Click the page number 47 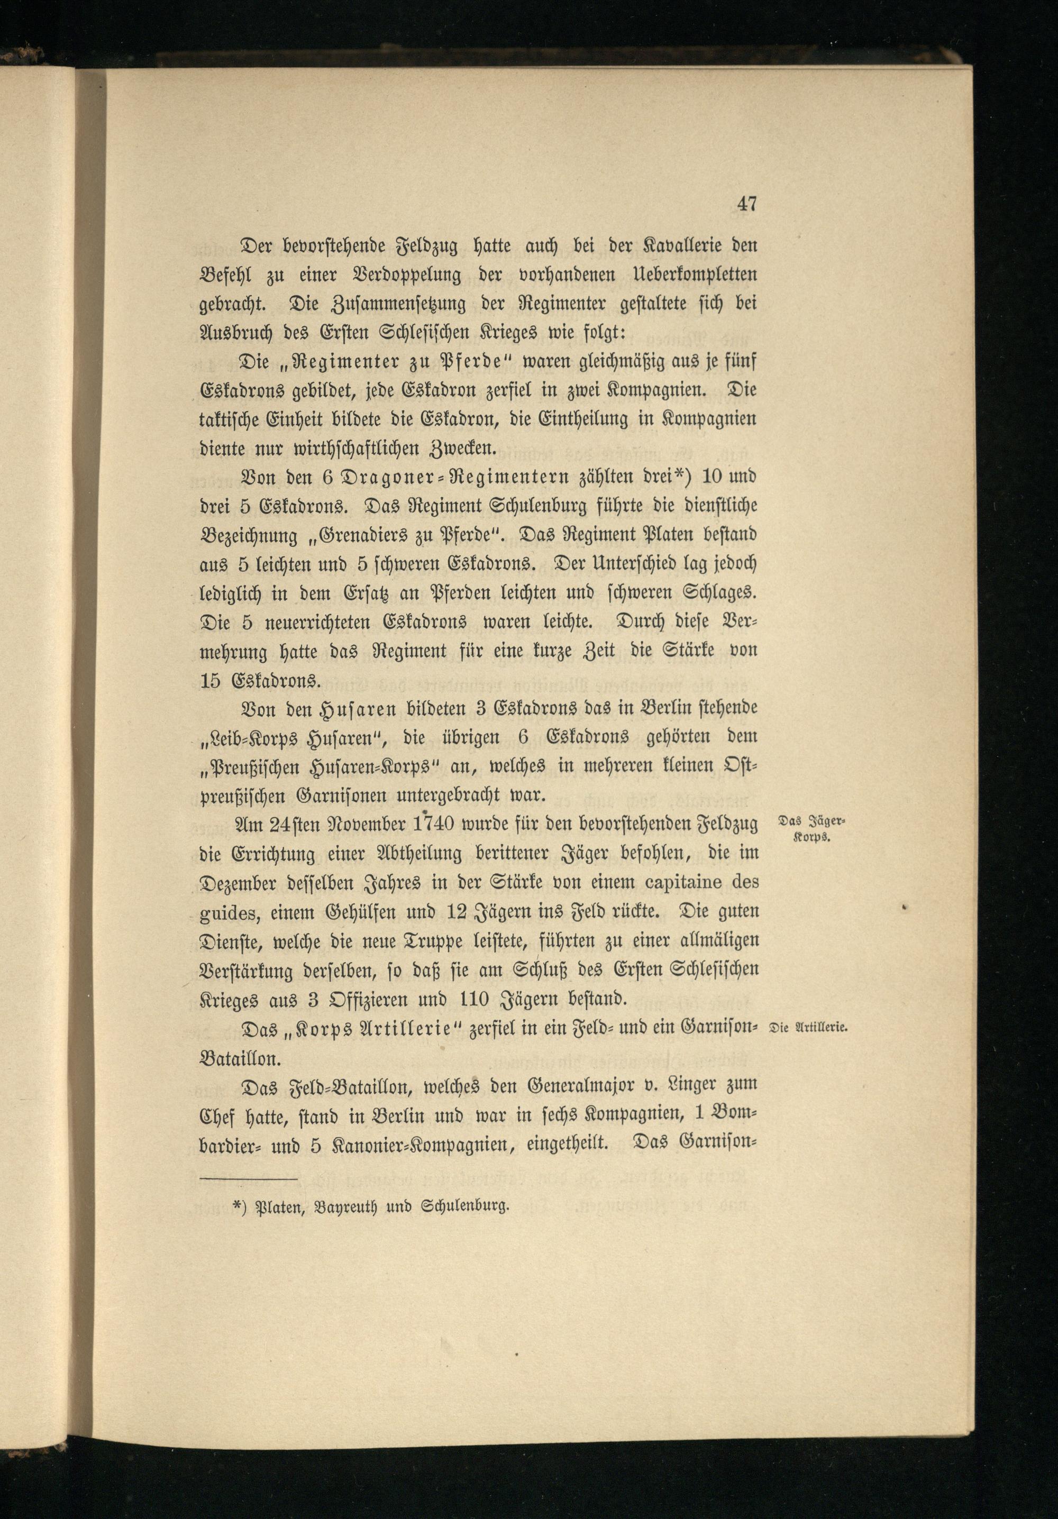click(746, 204)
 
